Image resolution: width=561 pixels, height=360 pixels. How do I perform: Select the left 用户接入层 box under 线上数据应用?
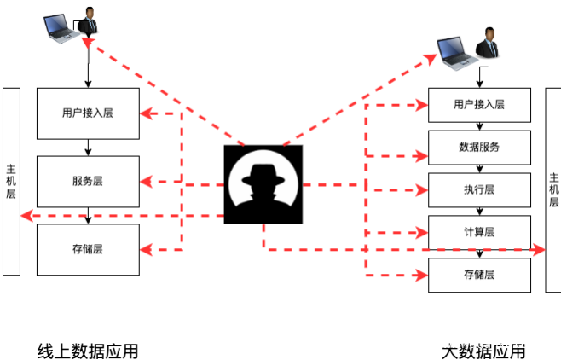point(88,113)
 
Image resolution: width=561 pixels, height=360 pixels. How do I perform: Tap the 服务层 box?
point(88,181)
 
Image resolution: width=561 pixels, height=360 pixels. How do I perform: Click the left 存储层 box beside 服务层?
point(88,249)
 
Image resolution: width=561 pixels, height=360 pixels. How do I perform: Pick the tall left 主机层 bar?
point(11,181)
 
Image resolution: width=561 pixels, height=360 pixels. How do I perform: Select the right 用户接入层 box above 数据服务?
point(478,105)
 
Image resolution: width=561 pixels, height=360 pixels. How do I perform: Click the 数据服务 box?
point(478,147)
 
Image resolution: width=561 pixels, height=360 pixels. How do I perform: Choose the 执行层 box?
point(478,189)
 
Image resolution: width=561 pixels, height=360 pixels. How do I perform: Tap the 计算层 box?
point(478,232)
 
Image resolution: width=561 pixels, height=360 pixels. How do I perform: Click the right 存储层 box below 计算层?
point(478,275)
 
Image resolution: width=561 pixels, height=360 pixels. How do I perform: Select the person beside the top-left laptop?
point(88,21)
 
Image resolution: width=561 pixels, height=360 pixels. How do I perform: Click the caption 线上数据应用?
point(88,351)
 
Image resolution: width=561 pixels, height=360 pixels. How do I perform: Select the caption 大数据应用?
point(483,351)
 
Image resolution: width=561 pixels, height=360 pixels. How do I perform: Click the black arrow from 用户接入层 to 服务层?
point(88,148)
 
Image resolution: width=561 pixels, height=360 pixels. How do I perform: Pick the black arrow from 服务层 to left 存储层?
point(88,215)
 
